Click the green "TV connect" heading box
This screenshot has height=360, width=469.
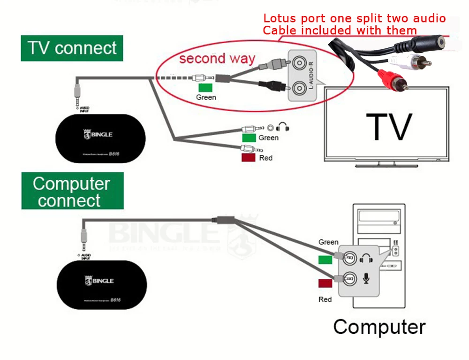tap(72, 48)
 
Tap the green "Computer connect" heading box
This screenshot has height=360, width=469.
tap(72, 191)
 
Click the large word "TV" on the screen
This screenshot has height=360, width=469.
tap(389, 126)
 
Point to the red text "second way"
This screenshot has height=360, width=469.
tap(217, 59)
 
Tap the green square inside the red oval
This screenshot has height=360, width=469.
tap(205, 88)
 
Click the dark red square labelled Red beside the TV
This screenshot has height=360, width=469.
tap(248, 158)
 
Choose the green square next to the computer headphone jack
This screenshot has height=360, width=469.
tap(325, 260)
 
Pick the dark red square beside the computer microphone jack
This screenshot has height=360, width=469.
tap(325, 283)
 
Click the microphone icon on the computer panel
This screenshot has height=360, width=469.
tap(366, 279)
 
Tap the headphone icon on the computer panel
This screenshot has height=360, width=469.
tap(365, 258)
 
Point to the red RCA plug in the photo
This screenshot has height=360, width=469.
tap(396, 80)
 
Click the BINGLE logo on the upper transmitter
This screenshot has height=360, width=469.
tap(98, 135)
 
